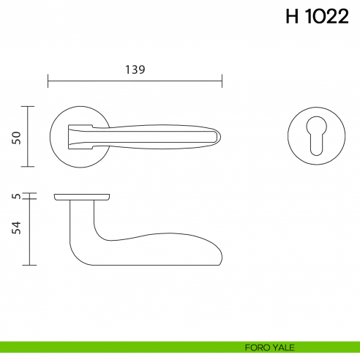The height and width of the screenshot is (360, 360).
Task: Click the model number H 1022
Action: (316, 18)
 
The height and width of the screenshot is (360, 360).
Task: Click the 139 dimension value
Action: (135, 70)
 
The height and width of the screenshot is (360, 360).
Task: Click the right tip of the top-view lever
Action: (218, 136)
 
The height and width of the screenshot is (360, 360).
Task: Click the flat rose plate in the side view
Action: (82, 198)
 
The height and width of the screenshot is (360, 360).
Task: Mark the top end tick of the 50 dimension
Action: (29, 106)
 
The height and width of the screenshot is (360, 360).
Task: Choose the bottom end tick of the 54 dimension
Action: (29, 265)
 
